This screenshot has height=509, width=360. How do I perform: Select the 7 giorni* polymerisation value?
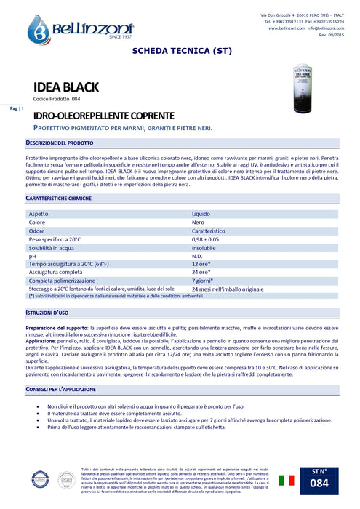(x=204, y=280)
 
